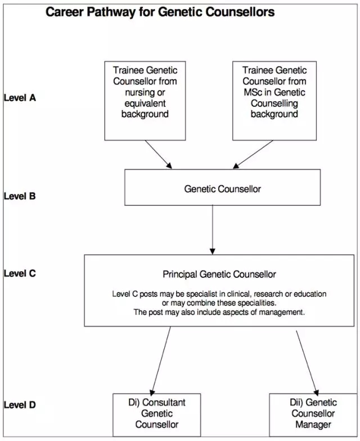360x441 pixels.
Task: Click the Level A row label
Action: coord(20,98)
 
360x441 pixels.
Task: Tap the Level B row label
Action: coord(20,196)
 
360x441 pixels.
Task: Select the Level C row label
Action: coord(20,273)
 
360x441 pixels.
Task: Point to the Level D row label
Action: coord(20,405)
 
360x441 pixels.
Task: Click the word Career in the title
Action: coord(65,12)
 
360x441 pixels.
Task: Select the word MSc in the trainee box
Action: coord(253,92)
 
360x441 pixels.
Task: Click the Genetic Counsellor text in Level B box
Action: coord(223,189)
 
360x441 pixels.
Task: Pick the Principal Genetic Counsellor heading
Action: coord(219,274)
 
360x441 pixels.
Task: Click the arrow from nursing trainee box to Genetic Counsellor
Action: coord(159,154)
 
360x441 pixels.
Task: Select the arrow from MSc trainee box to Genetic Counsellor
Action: coord(253,154)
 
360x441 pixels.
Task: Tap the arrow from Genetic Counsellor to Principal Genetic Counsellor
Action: coord(213,229)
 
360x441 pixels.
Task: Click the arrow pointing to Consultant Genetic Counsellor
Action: coord(161,361)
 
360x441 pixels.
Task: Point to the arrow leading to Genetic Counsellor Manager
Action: coord(307,363)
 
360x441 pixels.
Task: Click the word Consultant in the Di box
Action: coord(164,403)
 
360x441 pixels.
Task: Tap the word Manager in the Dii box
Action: coord(313,424)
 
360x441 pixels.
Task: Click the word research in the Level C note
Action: coord(268,294)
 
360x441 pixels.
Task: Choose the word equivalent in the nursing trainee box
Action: coord(145,103)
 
